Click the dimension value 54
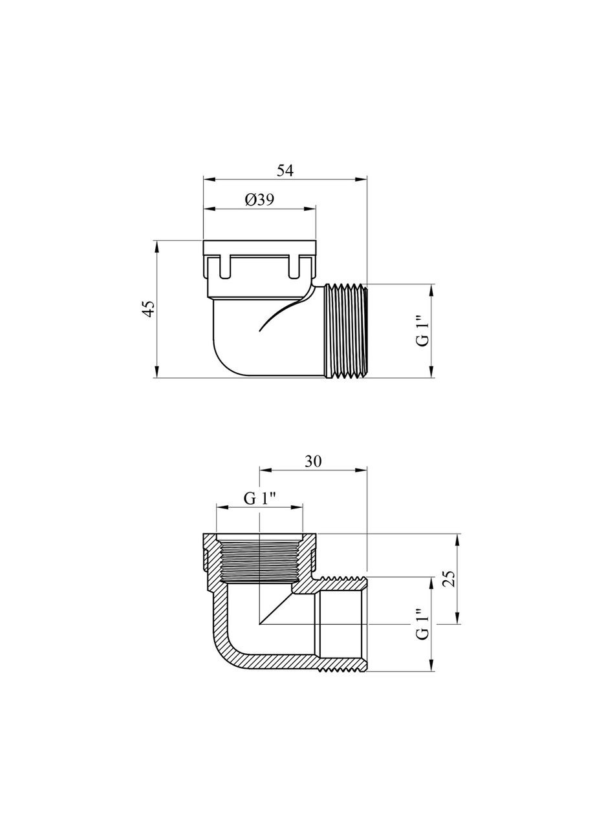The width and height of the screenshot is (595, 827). (x=285, y=171)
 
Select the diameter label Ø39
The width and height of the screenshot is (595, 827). (x=259, y=200)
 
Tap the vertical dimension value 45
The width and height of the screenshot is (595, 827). (x=149, y=309)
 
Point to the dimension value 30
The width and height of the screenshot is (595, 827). (x=313, y=461)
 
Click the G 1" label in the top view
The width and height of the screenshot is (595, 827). (x=423, y=330)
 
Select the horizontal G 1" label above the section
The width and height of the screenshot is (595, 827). (x=260, y=499)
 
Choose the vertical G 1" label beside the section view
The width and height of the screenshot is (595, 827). (x=423, y=624)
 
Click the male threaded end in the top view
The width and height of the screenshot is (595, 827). (x=344, y=330)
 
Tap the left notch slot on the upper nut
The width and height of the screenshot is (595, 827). (x=224, y=266)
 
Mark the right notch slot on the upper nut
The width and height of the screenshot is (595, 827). (x=296, y=266)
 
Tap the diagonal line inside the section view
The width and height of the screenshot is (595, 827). (x=275, y=609)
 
